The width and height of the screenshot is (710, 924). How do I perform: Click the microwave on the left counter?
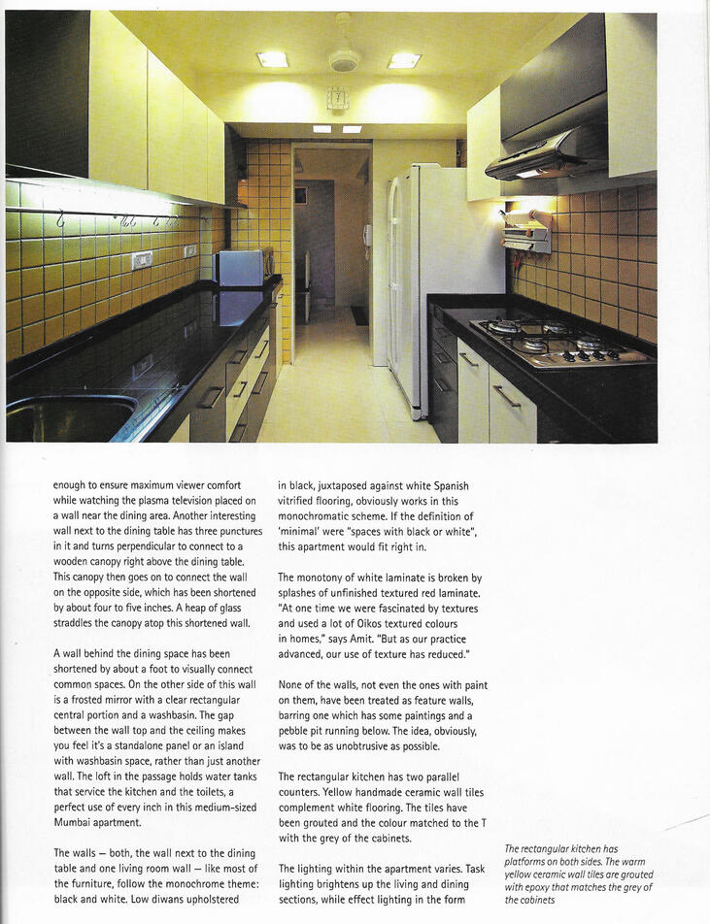point(241,267)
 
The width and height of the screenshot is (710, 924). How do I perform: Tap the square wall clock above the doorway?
point(337,98)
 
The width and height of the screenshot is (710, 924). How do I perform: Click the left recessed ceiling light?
point(272,59)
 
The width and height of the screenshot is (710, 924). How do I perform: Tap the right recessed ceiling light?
point(404,60)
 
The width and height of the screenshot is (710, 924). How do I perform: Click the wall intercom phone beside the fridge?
point(366,235)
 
